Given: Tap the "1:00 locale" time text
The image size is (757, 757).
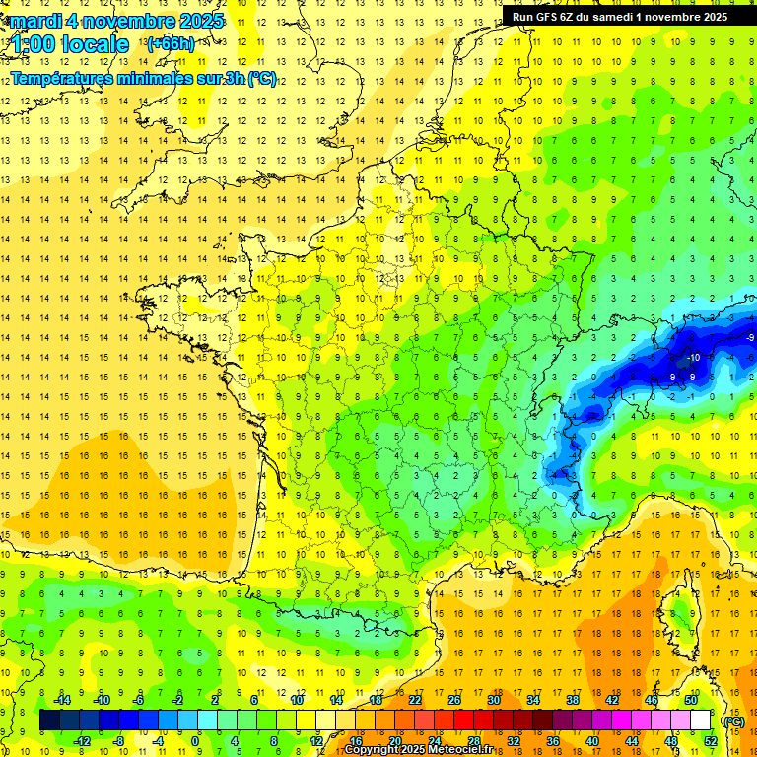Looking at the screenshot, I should tap(70, 44).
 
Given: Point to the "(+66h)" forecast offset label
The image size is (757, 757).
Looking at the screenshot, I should tap(170, 43).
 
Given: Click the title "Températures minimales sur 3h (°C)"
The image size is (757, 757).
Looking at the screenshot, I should tap(144, 79).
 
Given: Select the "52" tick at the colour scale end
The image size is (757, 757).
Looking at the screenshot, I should tap(711, 741).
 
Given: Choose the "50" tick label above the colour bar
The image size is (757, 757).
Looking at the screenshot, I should tap(691, 700).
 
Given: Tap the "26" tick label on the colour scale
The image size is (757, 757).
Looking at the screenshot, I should tap(454, 700).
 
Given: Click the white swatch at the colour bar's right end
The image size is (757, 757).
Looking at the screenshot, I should tap(701, 721).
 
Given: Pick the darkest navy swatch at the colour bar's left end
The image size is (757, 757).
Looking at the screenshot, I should tap(49, 721).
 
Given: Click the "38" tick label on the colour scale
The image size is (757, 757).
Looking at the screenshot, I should tap(573, 700).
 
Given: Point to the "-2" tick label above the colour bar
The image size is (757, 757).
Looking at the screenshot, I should tap(177, 700).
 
